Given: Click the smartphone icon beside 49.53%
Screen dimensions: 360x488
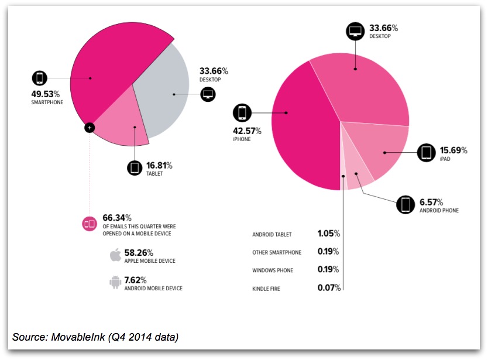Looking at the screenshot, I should [40, 78].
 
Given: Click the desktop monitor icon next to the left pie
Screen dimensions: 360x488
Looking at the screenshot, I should [208, 94].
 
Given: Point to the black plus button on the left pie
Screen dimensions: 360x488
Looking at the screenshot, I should [89, 126].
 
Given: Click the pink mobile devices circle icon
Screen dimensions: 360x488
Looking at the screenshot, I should [90, 223].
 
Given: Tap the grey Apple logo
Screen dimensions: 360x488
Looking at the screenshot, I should [115, 255].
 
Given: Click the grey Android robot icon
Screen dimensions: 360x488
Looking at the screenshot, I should [115, 283].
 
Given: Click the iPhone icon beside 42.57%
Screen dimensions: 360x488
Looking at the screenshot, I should [242, 112].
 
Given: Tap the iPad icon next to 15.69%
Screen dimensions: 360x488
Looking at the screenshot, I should [426, 153].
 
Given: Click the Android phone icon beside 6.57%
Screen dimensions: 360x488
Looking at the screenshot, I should [405, 204].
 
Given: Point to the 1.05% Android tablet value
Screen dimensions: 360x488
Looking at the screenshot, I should [329, 234].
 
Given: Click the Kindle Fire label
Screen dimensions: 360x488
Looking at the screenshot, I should [266, 289].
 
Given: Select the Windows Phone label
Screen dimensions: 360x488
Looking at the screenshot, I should [273, 270].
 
